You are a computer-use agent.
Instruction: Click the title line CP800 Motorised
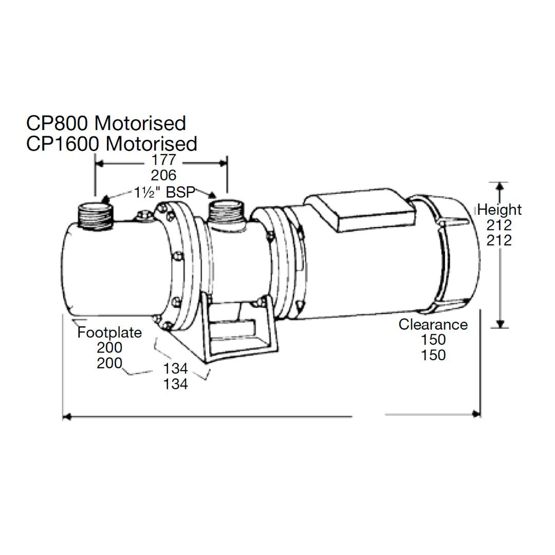(106, 123)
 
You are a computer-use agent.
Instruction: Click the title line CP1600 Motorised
(112, 143)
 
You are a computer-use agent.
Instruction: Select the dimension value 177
(163, 160)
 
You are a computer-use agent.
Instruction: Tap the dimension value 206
(163, 175)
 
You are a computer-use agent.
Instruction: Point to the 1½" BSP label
(165, 193)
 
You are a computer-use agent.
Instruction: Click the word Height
(499, 210)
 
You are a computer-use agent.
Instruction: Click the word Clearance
(433, 325)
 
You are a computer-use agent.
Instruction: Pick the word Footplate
(109, 332)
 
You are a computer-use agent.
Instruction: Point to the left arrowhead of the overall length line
(66, 416)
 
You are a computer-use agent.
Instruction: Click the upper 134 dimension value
(176, 368)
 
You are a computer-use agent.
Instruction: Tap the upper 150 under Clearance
(433, 340)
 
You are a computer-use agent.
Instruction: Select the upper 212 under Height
(500, 225)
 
